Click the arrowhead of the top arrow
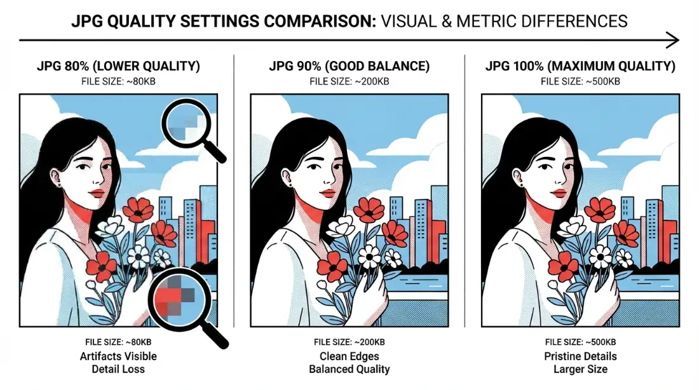coord(673,40)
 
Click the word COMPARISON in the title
coord(320,21)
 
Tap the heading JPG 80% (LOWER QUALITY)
coord(118,66)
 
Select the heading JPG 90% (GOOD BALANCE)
coord(349,66)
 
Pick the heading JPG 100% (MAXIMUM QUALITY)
coord(580,66)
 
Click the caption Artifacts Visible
coord(118,356)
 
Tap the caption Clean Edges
coord(349,356)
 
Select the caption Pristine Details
coord(580,356)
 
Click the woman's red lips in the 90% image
coord(328,192)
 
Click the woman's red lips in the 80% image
coord(97,192)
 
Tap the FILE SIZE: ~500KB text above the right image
coord(580,81)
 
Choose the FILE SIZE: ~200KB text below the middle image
coord(349,342)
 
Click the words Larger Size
coord(580,369)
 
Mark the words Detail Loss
coord(118,369)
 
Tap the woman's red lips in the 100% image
coord(559,192)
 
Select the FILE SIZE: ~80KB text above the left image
coord(118,81)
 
